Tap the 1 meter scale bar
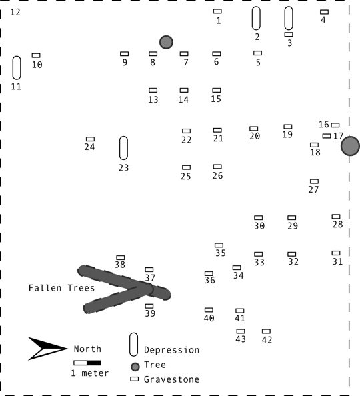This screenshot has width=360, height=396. pos(87,363)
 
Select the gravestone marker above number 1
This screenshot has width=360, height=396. pos(217,11)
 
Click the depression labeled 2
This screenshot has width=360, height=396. pos(256,18)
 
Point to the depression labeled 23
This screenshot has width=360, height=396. pos(123,148)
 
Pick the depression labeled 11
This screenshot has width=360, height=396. pos(17,68)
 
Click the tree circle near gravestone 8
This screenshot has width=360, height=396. pos(166,42)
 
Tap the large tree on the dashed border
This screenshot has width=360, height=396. pos(350,146)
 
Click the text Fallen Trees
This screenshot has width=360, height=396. pos(61,288)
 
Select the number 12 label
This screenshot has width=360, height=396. pos(15,12)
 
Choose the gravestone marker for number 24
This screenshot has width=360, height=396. pos(90,139)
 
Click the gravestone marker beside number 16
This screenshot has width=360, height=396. pos(335,125)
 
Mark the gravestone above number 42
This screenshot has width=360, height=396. pos(266,331)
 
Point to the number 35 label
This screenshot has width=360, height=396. pos(221,253)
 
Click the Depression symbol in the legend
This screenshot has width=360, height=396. pos(133,344)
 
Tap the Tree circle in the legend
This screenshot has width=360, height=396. pos(135,367)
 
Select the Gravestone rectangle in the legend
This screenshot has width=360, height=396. pos(135,379)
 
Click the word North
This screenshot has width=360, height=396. pos(87,349)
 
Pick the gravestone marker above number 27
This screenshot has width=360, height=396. pos(314,181)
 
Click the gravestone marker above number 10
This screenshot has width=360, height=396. pos(36,55)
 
